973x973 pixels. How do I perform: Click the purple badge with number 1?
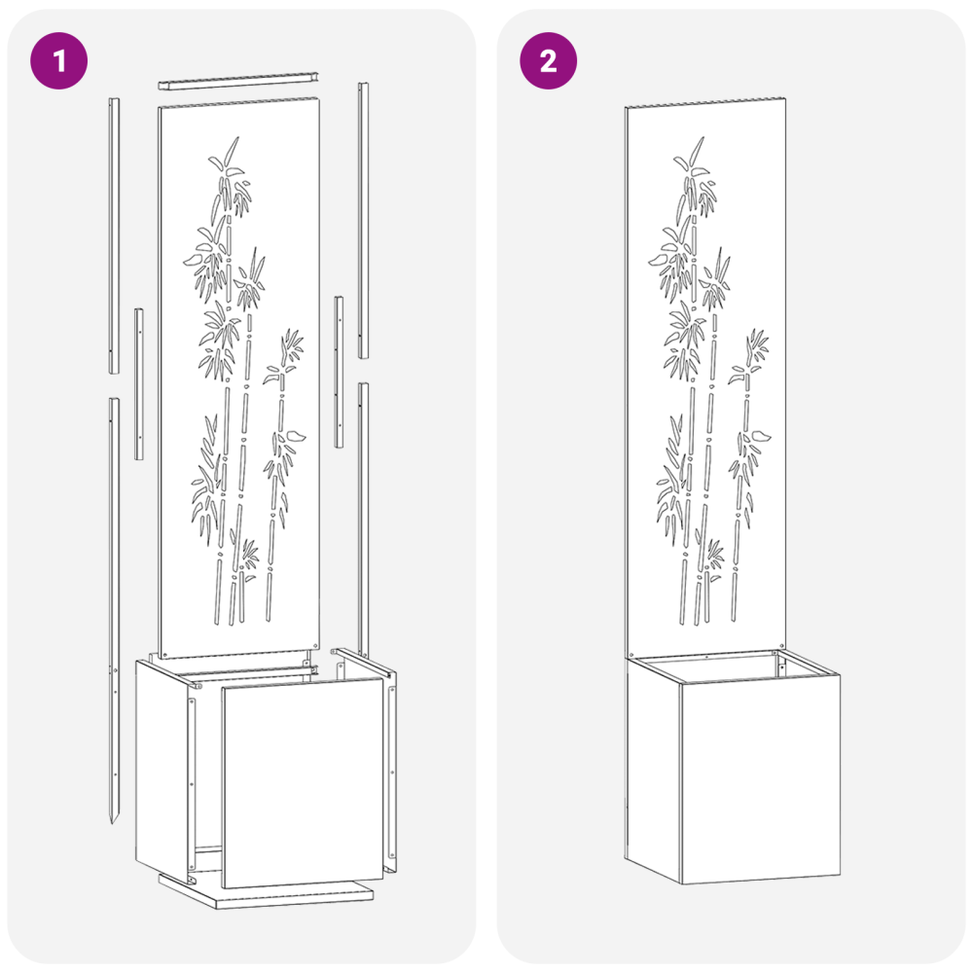point(59,60)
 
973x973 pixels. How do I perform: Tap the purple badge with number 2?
point(548,60)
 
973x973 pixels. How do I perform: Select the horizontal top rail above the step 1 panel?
point(239,82)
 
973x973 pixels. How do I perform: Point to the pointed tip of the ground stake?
point(112,821)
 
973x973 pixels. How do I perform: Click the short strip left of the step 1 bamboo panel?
point(139,383)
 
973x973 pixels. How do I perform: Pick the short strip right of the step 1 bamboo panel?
point(339,372)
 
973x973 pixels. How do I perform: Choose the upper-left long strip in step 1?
point(114,235)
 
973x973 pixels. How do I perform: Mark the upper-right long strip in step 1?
point(363,220)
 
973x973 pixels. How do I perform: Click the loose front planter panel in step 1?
point(303,782)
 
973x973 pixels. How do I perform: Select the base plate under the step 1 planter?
point(267,891)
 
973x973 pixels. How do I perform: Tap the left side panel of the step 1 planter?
point(162,769)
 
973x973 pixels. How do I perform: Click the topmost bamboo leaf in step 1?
point(231,149)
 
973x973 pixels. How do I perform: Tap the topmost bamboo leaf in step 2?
point(697,149)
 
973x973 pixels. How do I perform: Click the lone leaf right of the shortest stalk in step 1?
point(296,434)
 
